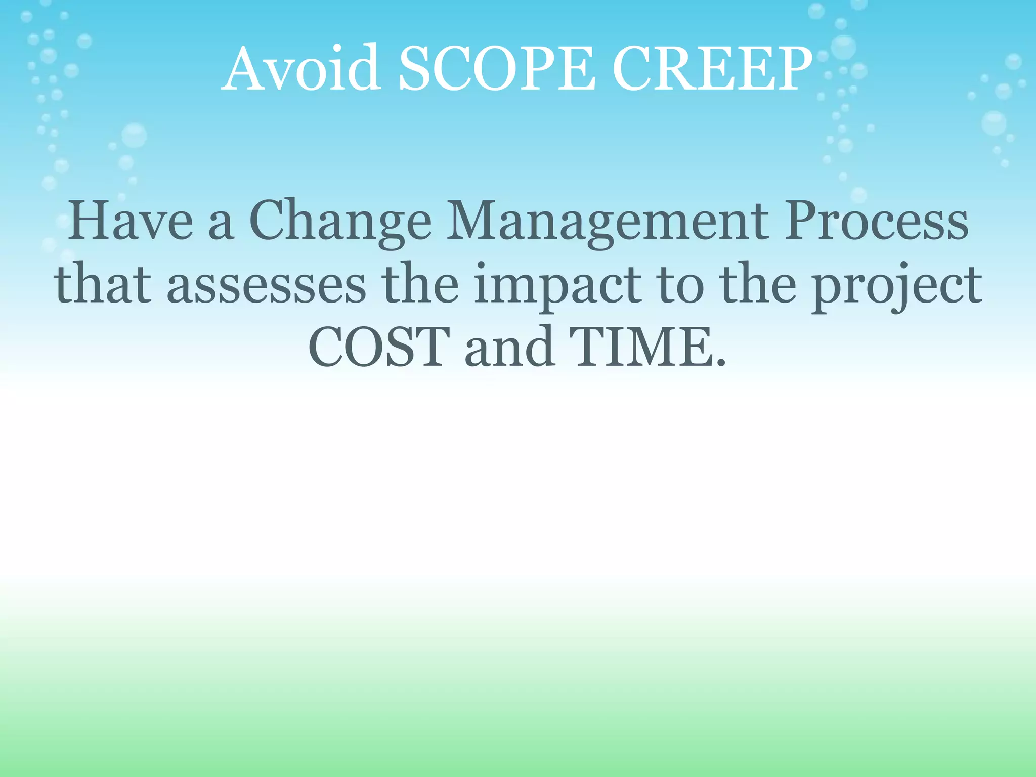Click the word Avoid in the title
300,69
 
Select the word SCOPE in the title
496,69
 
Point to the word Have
131,222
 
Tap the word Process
876,222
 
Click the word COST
379,348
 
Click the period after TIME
721,363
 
